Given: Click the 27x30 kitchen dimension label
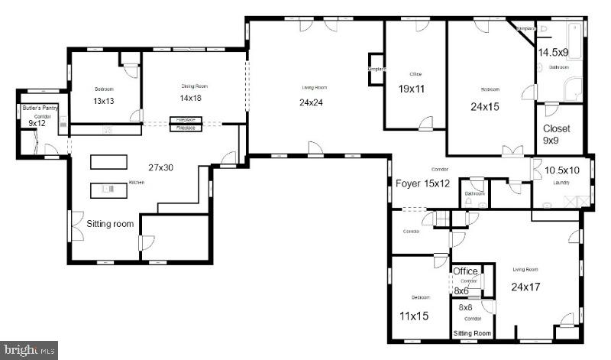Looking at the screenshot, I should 160,166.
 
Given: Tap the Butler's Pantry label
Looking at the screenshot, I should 35,110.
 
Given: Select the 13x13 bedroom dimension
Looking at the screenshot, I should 104,101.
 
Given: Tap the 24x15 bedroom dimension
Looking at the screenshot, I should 485,106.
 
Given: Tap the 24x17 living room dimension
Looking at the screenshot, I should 526,288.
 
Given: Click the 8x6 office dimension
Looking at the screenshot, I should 461,291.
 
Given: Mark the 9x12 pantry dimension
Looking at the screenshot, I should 37,123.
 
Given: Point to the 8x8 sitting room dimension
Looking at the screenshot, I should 464,307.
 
